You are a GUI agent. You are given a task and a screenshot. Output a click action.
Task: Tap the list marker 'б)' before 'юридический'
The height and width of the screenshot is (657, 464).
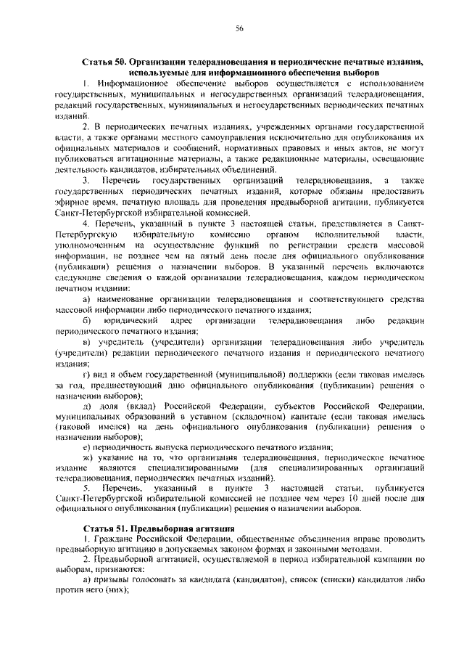point(87,321)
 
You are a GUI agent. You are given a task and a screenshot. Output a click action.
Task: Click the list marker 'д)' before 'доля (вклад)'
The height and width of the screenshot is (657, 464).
point(87,407)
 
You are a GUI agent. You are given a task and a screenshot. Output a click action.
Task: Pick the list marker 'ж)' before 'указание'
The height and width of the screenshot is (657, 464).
point(88,460)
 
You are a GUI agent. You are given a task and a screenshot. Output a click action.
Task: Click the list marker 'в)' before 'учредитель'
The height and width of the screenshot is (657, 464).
point(87,342)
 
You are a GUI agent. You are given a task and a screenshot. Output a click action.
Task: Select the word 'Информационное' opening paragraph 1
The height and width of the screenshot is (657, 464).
point(132,85)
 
